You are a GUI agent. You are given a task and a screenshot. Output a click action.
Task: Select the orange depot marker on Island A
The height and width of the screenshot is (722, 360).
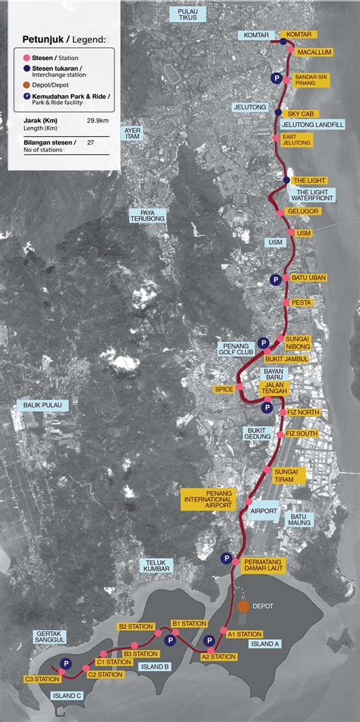pos(244,606)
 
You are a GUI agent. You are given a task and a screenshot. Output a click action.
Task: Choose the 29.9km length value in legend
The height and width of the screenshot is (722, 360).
pos(96,121)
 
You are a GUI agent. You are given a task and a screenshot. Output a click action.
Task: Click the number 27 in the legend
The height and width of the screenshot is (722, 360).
pos(91,142)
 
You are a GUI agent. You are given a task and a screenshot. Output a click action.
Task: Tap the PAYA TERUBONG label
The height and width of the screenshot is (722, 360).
pos(147,215)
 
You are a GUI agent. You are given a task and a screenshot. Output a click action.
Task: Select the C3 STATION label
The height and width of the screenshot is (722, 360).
pos(42,679)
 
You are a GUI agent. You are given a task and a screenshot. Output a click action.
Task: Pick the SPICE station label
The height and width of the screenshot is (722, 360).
pos(223,389)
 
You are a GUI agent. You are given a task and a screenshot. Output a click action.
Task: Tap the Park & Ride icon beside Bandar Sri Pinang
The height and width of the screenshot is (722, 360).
pos(276,78)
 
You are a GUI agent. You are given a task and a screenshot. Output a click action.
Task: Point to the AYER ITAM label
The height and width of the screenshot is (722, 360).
pos(132,135)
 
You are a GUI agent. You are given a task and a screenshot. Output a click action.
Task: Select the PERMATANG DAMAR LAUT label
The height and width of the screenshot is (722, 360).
pos(264,565)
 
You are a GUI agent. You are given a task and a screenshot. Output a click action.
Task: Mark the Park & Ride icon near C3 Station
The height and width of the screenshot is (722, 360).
pos(67,663)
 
